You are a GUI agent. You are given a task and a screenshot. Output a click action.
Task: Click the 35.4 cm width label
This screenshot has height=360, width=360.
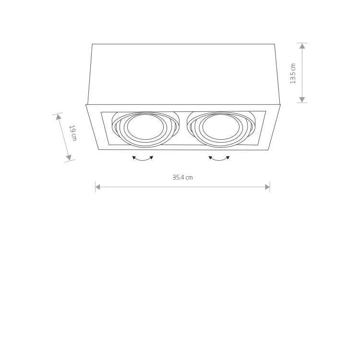(182, 178)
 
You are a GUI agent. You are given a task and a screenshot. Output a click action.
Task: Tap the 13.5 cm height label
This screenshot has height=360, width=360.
(293, 73)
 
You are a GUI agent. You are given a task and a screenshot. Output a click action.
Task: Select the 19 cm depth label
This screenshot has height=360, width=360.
(73, 133)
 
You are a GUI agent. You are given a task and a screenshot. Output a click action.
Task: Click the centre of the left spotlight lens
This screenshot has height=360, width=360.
(145, 127)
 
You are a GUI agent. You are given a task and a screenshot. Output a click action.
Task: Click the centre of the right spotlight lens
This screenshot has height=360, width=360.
(221, 127)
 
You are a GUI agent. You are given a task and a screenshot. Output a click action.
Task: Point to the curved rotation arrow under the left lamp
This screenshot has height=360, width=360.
(143, 158)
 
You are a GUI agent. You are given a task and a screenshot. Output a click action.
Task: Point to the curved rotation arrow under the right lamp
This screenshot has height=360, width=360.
(219, 158)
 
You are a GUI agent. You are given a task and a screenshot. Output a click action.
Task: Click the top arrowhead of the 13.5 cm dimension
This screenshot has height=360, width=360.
(302, 46)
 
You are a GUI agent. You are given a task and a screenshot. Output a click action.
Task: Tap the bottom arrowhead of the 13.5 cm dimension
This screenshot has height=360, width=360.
(302, 99)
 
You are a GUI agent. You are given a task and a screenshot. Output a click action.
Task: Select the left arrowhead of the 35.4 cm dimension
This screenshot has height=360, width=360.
(98, 187)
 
